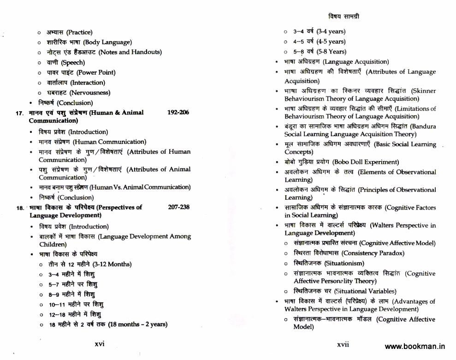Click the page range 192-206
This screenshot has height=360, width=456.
(178, 113)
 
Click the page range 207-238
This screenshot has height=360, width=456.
(178, 207)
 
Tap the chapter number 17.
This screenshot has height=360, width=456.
(19, 113)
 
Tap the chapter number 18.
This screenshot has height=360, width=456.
(20, 208)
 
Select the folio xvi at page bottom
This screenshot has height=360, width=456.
(100, 344)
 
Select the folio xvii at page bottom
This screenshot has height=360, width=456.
(343, 344)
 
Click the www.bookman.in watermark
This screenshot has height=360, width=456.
(415, 347)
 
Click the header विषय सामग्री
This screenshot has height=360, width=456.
(344, 17)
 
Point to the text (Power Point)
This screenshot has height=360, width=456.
(96, 72)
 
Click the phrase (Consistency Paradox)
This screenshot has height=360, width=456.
(373, 253)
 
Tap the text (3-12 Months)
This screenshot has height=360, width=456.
(112, 264)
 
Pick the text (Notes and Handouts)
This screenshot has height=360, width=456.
(130, 52)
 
